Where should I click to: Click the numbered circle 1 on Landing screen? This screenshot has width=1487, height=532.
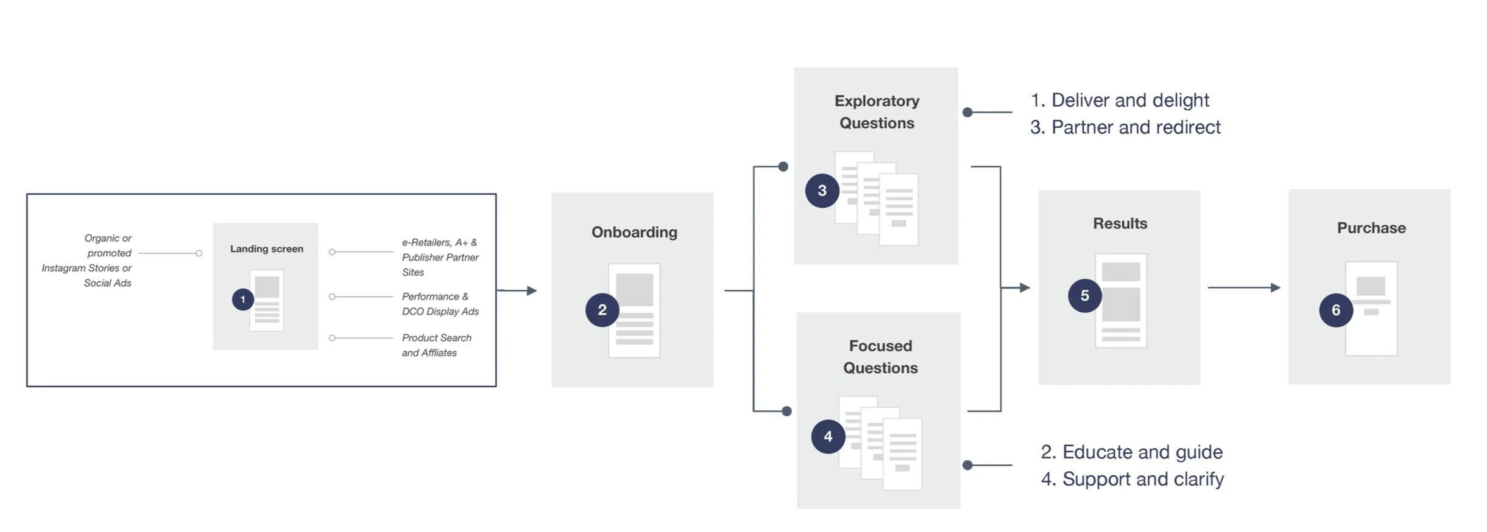[242, 299]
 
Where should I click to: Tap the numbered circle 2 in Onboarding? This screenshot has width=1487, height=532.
[602, 310]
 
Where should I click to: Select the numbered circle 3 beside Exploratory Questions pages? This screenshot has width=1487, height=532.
[822, 191]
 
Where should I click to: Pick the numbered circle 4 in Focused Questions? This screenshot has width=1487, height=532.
[828, 436]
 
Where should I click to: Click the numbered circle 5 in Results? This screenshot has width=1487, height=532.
[1084, 296]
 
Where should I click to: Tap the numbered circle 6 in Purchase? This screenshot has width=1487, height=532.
[1335, 310]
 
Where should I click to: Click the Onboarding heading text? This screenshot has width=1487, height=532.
[634, 232]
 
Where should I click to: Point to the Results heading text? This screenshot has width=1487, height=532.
[1120, 223]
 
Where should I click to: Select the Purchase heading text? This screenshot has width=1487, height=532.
[1371, 228]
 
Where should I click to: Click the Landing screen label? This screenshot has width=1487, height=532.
[266, 248]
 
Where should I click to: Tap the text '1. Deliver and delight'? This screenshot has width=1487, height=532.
[1119, 100]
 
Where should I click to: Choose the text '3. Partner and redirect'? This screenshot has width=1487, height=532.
[1125, 127]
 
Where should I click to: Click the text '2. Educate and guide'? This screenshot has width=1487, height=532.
[1131, 452]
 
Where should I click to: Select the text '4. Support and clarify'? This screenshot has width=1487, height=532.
[1132, 479]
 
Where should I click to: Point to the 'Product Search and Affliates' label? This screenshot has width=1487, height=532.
[436, 345]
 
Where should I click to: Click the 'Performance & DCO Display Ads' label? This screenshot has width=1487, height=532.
[440, 304]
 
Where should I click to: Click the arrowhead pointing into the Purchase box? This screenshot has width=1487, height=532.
[1275, 287]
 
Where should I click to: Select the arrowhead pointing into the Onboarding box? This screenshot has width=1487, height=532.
[532, 290]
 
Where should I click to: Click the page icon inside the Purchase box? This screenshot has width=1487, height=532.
[1371, 308]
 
